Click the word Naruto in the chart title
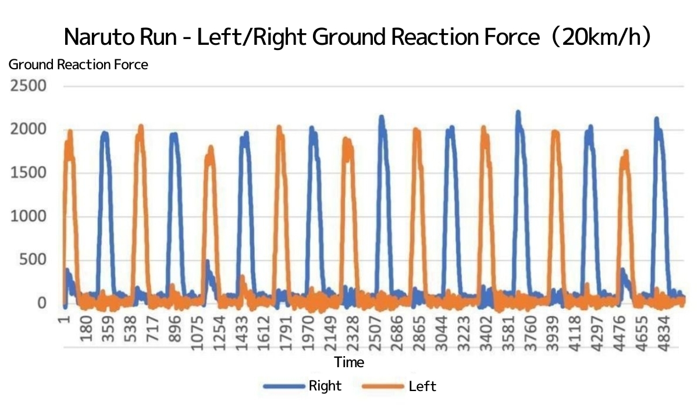99,37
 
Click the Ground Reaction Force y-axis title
78,65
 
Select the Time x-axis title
349,362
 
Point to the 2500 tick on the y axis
29,86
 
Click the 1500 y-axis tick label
29,173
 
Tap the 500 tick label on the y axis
33,260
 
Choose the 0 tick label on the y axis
42,303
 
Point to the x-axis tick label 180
86,328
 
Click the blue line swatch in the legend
284,386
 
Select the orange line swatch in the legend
383,386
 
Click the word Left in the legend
422,386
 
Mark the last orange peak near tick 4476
626,152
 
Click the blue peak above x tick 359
105,133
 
